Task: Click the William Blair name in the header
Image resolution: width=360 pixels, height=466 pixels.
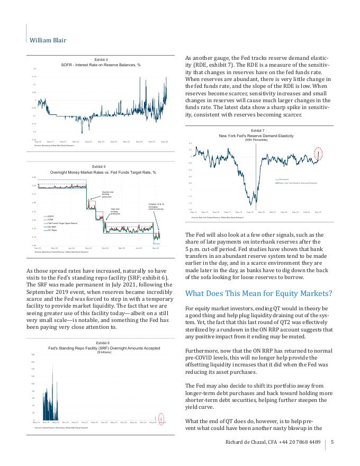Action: click(48, 40)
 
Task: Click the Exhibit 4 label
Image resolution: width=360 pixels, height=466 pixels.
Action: click(101, 59)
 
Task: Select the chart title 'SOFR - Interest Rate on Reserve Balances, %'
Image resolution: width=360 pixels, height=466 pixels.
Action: click(101, 65)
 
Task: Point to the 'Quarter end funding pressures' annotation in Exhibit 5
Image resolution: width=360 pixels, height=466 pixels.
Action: click(107, 194)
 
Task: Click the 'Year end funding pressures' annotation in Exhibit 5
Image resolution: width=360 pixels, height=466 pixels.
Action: click(116, 211)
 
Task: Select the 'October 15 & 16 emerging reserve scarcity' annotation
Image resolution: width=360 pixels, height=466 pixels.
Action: click(156, 207)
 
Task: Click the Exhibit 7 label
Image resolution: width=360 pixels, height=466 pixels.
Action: click(257, 130)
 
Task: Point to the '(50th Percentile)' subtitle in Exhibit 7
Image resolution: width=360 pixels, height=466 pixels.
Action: click(257, 140)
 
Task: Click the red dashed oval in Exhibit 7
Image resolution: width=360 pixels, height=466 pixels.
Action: click(318, 154)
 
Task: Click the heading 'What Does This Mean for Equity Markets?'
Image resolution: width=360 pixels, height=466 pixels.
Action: click(258, 293)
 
